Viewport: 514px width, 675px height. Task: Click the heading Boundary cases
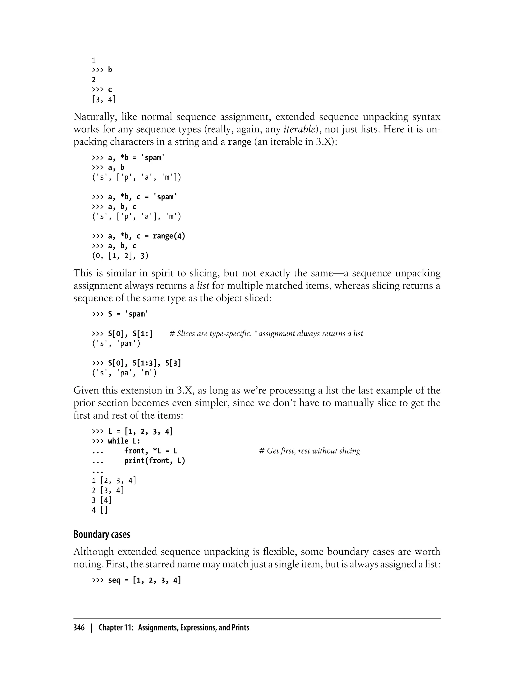102,534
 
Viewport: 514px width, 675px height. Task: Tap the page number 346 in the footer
79,628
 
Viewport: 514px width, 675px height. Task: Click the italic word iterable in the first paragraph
299,130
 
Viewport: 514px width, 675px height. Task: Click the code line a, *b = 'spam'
136,158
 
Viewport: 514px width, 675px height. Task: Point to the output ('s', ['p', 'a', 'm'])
137,177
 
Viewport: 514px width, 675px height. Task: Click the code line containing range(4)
146,236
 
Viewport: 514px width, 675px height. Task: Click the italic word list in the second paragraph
203,286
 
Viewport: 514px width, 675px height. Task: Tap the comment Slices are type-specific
266,334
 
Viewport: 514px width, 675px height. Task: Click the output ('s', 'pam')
116,344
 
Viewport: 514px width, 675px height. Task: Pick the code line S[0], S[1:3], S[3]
144,363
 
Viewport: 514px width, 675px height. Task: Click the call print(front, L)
155,461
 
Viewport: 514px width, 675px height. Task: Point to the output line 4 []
100,510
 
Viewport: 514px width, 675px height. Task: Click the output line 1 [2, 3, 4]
114,480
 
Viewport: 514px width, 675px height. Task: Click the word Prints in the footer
240,628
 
